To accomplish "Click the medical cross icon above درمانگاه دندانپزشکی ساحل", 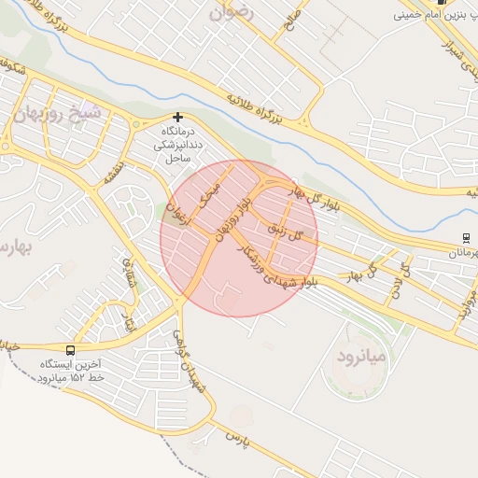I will point(177,119).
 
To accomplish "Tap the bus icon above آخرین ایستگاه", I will point(70,350).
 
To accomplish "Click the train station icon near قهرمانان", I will point(466,239).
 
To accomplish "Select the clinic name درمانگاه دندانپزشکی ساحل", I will point(177,147).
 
